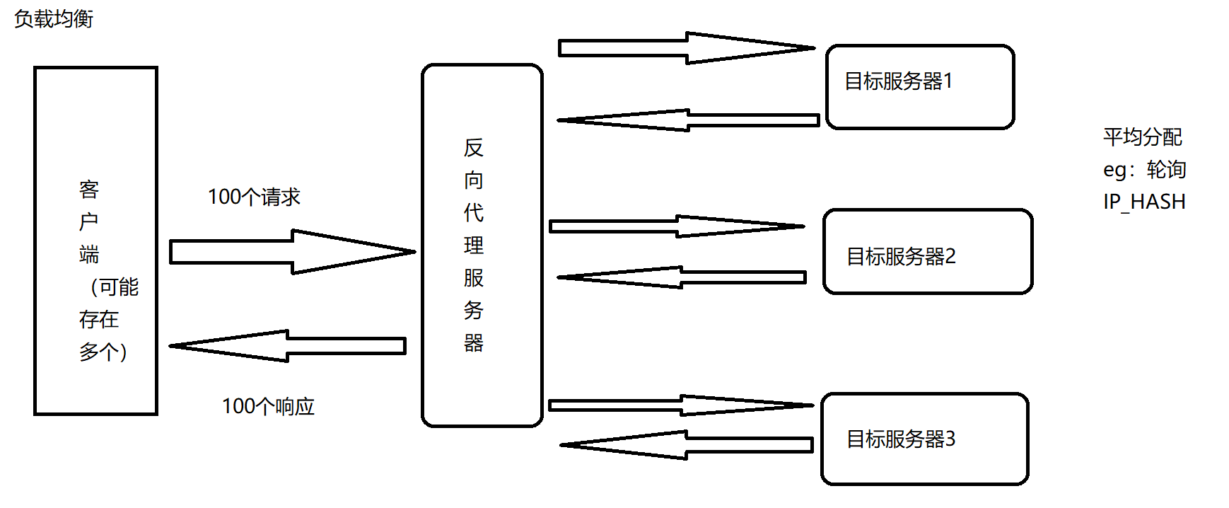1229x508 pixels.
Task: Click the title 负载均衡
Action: coord(54,19)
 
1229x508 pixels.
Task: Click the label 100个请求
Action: coord(254,197)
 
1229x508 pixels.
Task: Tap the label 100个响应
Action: coord(268,406)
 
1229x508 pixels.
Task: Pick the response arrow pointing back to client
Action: coord(290,346)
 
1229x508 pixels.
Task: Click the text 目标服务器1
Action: coord(898,81)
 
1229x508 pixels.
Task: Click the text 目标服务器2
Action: coord(901,256)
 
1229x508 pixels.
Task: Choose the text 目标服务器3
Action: coord(901,439)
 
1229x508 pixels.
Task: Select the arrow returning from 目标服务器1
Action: coord(686,120)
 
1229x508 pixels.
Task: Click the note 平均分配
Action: coord(1142,137)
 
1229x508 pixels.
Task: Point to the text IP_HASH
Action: coord(1143,202)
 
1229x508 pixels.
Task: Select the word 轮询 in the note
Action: coord(1166,170)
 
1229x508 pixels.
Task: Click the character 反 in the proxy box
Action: coord(473,148)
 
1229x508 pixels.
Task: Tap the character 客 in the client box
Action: coord(89,190)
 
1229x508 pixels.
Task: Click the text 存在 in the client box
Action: coord(99,320)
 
